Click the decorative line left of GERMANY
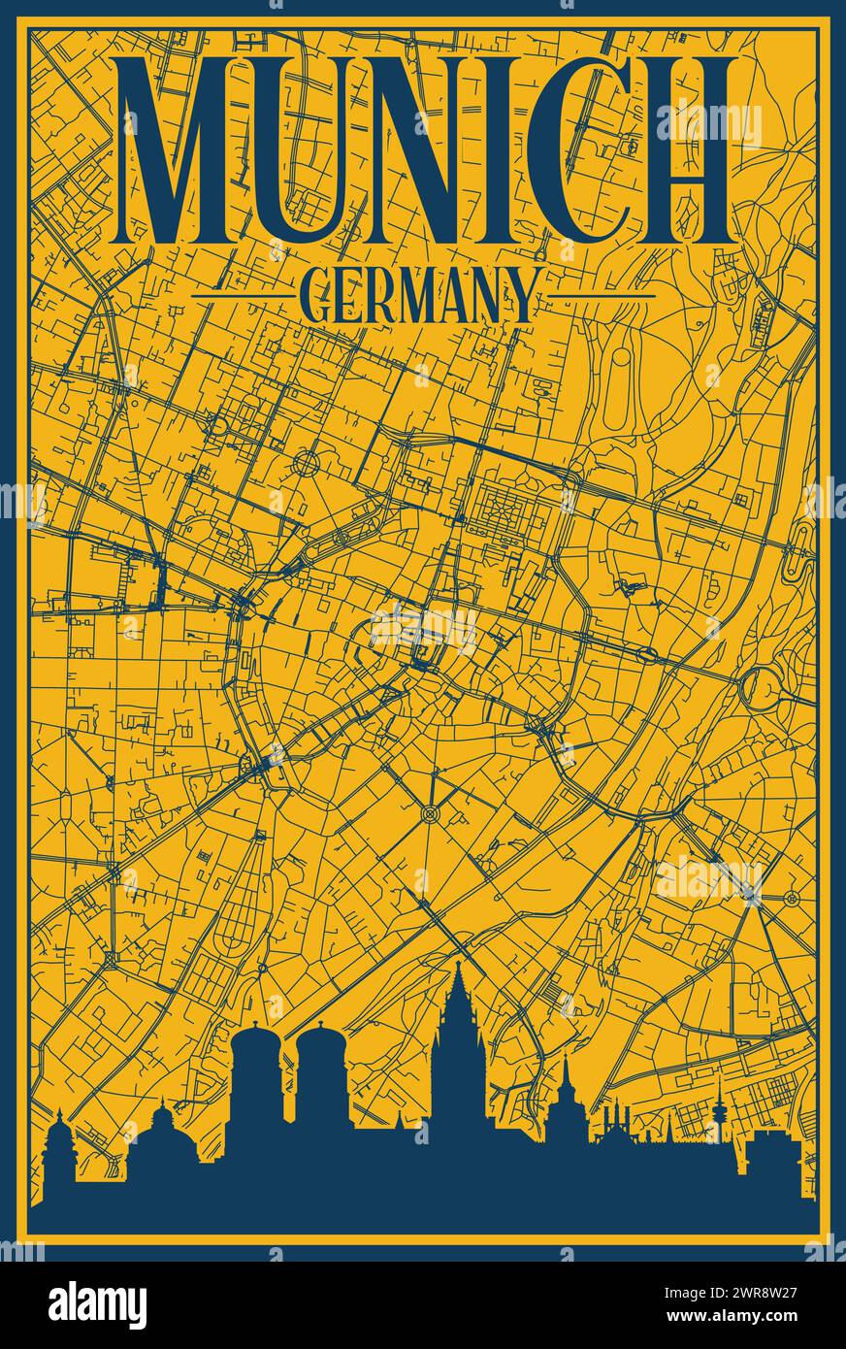coord(243,294)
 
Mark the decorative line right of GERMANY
coord(602,294)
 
